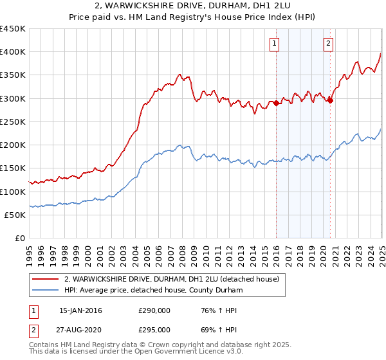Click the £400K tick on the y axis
coord(13,52)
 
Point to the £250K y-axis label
coord(13,122)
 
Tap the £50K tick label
coord(15,215)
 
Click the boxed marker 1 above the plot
coord(274,44)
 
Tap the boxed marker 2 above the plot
coord(328,44)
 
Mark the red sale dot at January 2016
coord(276,103)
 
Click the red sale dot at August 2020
coord(330,100)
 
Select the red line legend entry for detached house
coord(171,279)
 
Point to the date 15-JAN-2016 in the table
coord(80,310)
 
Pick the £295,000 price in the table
coord(154,330)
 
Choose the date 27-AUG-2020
coord(80,330)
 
